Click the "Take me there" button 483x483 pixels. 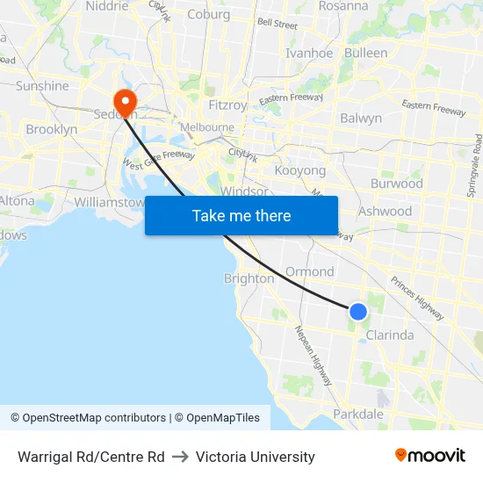pyautogui.click(x=241, y=215)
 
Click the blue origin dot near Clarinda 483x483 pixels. pyautogui.click(x=358, y=311)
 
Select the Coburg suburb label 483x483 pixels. pyautogui.click(x=209, y=14)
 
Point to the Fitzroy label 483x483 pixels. pyautogui.click(x=227, y=105)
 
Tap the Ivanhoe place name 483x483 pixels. pyautogui.click(x=309, y=53)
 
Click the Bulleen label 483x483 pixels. pyautogui.click(x=366, y=53)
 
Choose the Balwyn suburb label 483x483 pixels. pyautogui.click(x=361, y=118)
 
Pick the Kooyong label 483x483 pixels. pyautogui.click(x=300, y=170)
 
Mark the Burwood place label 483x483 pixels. pyautogui.click(x=397, y=184)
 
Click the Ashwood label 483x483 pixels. pyautogui.click(x=385, y=211)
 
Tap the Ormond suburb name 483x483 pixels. pyautogui.click(x=310, y=271)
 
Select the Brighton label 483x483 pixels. pyautogui.click(x=249, y=278)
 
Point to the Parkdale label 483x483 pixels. pyautogui.click(x=358, y=414)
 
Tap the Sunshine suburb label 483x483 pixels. pyautogui.click(x=42, y=86)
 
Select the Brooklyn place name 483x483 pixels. pyautogui.click(x=52, y=129)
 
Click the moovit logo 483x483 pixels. pyautogui.click(x=429, y=456)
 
